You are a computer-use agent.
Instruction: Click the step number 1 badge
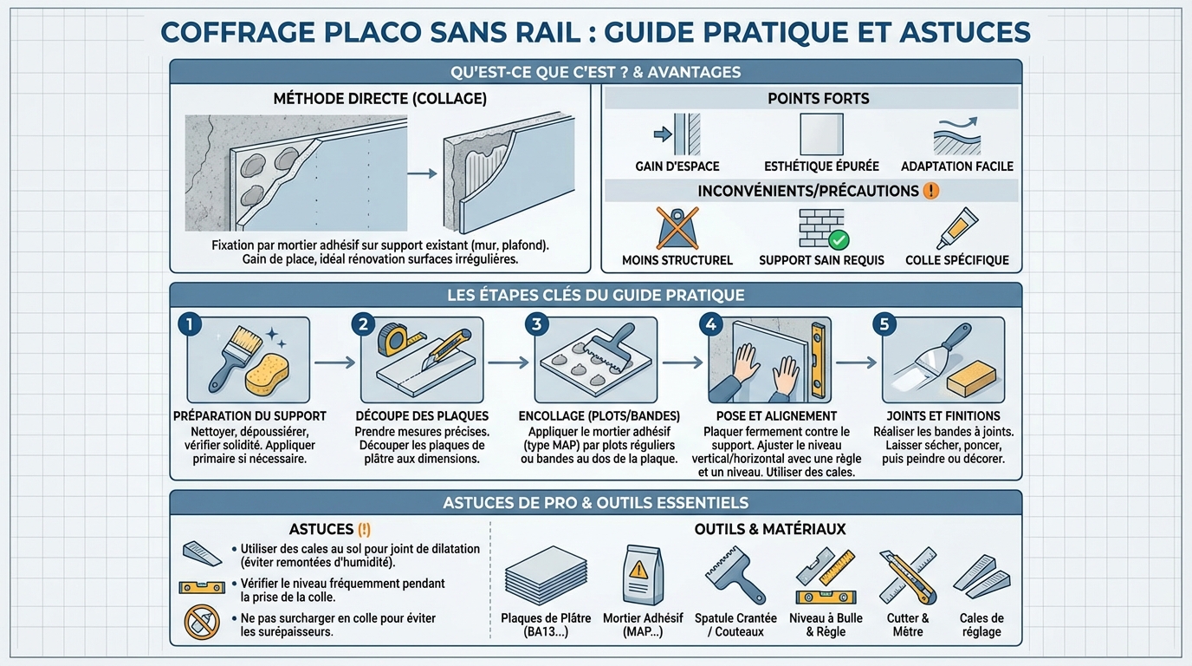click(x=189, y=325)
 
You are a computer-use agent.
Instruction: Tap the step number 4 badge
click(x=710, y=325)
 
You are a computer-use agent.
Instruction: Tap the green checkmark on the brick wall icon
click(x=839, y=240)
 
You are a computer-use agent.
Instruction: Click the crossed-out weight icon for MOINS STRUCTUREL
click(x=677, y=228)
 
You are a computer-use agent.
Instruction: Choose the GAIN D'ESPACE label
click(x=677, y=166)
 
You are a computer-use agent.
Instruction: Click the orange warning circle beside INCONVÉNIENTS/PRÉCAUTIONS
click(x=931, y=190)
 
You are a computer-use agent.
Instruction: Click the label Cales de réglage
click(x=981, y=624)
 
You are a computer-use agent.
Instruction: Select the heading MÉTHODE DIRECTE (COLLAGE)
click(x=379, y=99)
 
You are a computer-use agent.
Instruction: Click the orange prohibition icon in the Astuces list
click(x=198, y=622)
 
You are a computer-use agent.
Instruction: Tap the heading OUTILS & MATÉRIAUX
click(x=769, y=528)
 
